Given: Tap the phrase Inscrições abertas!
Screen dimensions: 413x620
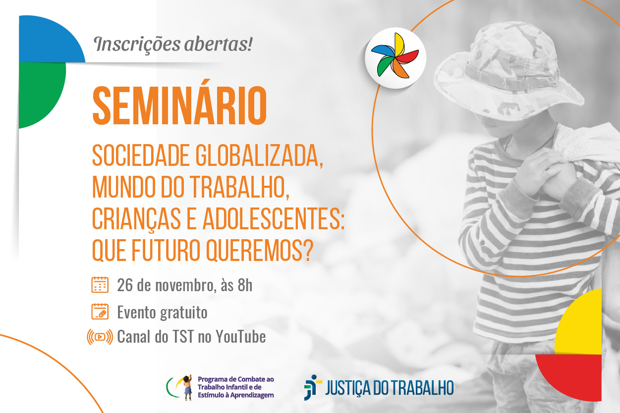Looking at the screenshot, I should [x=173, y=44].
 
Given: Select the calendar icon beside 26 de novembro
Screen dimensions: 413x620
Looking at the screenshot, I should [x=100, y=285].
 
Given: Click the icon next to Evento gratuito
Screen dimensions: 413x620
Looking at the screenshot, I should [x=100, y=312].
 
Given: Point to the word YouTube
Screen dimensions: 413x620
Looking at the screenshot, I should [x=241, y=337].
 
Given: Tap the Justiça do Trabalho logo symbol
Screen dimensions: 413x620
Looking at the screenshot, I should [x=311, y=387].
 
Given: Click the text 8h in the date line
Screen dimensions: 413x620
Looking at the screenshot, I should [x=245, y=285].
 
